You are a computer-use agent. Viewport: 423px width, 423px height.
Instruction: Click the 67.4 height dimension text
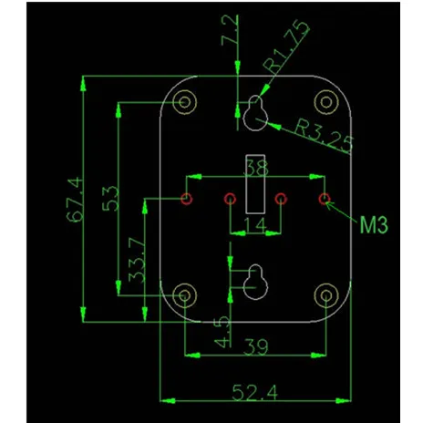[75, 200]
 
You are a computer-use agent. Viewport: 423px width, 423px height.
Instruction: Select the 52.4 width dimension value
[255, 392]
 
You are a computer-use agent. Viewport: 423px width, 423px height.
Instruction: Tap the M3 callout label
[374, 225]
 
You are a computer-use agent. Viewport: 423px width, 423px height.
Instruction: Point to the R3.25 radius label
[324, 136]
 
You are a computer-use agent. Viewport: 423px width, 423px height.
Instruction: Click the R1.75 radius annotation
[286, 46]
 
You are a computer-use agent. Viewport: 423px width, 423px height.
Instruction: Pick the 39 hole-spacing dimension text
[256, 346]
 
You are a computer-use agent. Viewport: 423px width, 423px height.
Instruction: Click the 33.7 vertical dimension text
[137, 260]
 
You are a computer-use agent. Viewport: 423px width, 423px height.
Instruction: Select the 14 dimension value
[255, 225]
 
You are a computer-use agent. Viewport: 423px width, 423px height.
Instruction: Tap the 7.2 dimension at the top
[230, 31]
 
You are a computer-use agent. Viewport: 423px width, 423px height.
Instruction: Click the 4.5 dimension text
[222, 332]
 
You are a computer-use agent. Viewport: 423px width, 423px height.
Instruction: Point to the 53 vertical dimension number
[110, 199]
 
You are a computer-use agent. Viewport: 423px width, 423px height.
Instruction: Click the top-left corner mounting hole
[185, 102]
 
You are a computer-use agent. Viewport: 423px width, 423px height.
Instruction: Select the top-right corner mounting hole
[326, 102]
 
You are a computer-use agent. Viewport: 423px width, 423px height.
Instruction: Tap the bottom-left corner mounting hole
[185, 295]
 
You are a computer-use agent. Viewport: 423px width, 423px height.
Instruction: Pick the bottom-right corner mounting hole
[326, 295]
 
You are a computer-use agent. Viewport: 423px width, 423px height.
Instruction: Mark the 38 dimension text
[256, 168]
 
